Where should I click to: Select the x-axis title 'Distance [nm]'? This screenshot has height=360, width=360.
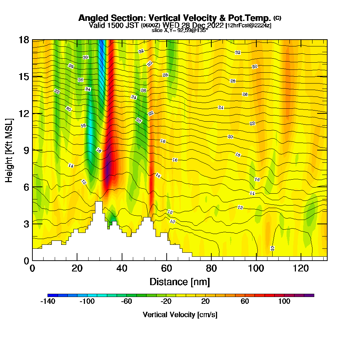[x=180, y=281]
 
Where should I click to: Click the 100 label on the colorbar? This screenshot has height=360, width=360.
[x=284, y=301]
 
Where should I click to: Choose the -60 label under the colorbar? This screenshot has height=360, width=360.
[x=126, y=301]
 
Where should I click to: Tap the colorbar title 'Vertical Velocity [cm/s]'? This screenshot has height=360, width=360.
[x=180, y=315]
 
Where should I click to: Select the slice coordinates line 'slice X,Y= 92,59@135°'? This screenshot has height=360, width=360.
[x=180, y=30]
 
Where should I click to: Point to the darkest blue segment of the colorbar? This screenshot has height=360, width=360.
[x=50, y=295]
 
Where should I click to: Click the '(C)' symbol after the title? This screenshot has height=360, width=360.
[x=277, y=18]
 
